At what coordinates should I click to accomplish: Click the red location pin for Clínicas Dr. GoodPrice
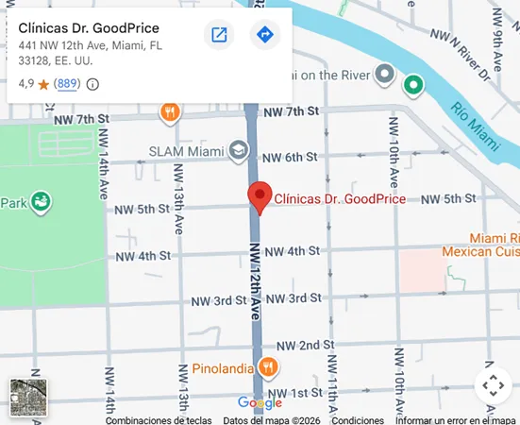tap(260, 196)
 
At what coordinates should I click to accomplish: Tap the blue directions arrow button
tap(265, 36)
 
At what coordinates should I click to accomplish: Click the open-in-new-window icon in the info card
tap(219, 36)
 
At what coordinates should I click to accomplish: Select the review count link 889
tap(67, 84)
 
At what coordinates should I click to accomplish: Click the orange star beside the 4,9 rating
tap(43, 84)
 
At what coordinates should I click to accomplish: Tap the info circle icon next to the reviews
tap(92, 84)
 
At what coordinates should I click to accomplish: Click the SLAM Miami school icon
tap(238, 151)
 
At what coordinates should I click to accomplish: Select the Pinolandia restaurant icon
tap(268, 367)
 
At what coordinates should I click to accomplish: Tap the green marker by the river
tap(412, 85)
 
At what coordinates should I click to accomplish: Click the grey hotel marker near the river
tap(384, 73)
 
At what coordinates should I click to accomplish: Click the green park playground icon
tap(41, 201)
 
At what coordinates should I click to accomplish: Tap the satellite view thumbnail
tap(26, 396)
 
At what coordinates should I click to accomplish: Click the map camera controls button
tap(493, 385)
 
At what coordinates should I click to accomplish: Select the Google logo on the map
tap(260, 403)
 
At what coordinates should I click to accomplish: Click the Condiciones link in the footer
tap(358, 420)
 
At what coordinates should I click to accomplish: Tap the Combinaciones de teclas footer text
tap(159, 420)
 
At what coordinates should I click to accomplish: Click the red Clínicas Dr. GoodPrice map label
tap(340, 199)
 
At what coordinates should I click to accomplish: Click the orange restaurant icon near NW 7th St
tap(170, 112)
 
